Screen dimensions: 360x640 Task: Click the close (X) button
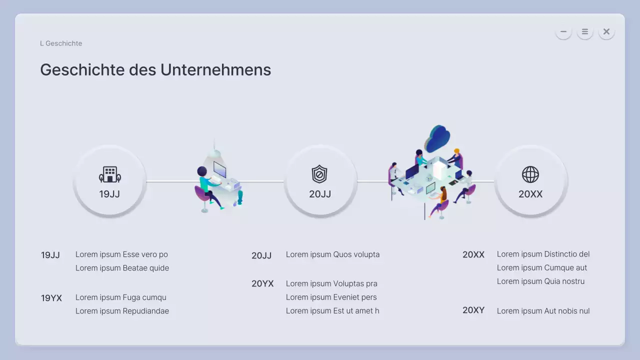click(x=606, y=31)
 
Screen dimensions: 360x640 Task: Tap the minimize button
click(x=563, y=31)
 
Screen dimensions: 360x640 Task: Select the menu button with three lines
click(x=584, y=31)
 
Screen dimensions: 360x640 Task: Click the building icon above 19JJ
click(x=109, y=174)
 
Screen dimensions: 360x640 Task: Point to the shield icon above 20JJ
click(x=319, y=174)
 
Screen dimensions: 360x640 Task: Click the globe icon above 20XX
click(x=530, y=174)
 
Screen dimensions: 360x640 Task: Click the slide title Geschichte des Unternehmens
click(x=155, y=70)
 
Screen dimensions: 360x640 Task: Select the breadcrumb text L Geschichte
click(x=61, y=43)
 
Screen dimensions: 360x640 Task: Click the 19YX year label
click(x=51, y=298)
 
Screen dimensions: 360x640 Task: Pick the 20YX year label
click(x=262, y=284)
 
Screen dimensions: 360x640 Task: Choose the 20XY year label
click(x=473, y=310)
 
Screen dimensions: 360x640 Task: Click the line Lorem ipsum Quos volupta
click(x=332, y=254)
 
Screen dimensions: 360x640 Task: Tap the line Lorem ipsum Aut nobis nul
click(x=543, y=311)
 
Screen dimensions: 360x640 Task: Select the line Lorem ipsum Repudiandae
click(x=122, y=311)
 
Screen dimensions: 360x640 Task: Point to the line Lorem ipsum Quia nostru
click(x=540, y=281)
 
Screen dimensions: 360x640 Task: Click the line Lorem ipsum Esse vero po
click(x=121, y=254)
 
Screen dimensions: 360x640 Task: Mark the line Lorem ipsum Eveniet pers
click(x=331, y=297)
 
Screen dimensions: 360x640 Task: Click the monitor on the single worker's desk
click(x=219, y=169)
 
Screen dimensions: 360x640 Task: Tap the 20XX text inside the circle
click(x=530, y=194)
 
